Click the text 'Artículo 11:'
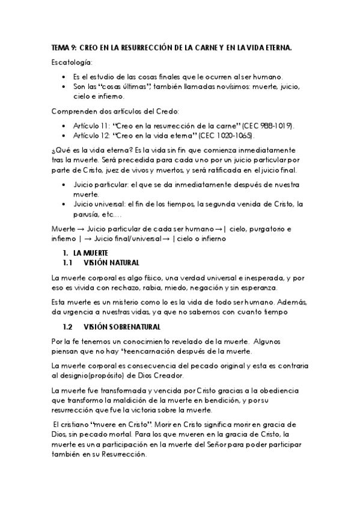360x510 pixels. [91, 124]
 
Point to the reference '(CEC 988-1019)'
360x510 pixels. [267, 124]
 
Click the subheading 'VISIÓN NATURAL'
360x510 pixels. [112, 263]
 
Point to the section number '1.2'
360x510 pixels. [67, 327]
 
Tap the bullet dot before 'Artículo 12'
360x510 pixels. [64, 136]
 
